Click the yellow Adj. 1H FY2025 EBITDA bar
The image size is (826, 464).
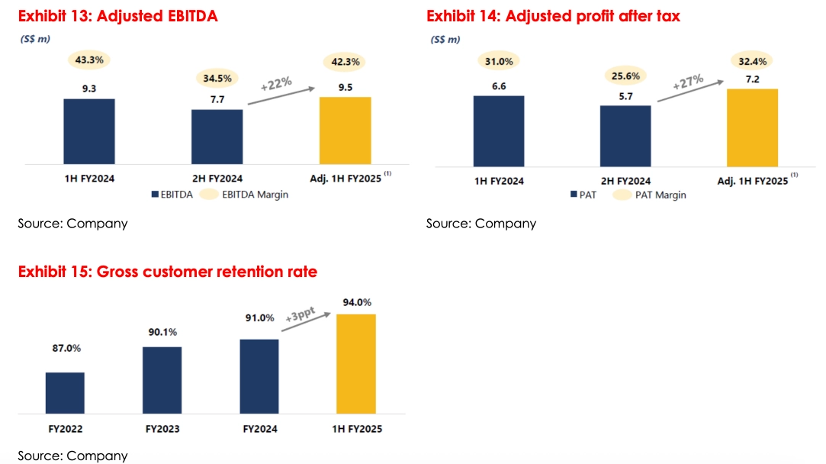tap(346, 130)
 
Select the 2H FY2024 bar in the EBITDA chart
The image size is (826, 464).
tap(217, 137)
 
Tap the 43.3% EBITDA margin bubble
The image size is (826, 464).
tap(89, 59)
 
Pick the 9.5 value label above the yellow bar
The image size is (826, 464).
tap(345, 88)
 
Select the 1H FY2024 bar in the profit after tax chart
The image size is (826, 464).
tap(499, 130)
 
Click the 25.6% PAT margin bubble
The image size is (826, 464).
tap(625, 76)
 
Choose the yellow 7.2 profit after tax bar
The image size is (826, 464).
tap(752, 127)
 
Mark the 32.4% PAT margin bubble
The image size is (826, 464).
tap(752, 60)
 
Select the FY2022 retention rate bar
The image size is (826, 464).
tap(65, 393)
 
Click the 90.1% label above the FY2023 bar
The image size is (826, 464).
tap(162, 333)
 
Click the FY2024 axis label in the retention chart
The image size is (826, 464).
tap(259, 429)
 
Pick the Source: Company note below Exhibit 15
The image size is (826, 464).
tap(72, 456)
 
